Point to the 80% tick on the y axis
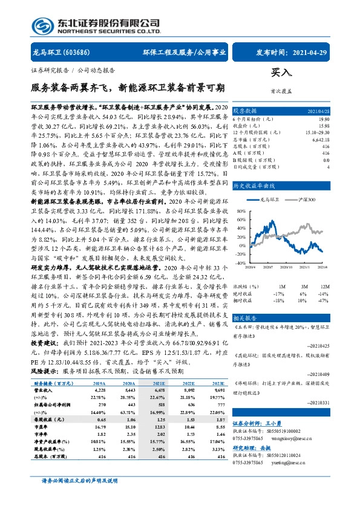click(x=241, y=212)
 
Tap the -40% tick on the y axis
click(x=240, y=264)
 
